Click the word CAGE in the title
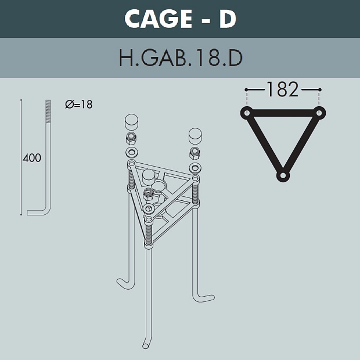[x=158, y=19]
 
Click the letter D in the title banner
[x=228, y=19]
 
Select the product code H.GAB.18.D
[x=181, y=58]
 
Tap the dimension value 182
[x=283, y=89]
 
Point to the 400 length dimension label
[x=32, y=158]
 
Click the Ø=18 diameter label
[x=79, y=105]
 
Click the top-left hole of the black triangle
[x=247, y=113]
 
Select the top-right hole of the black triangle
[x=319, y=113]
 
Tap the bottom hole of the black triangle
[x=283, y=175]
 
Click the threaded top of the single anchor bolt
[x=48, y=112]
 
